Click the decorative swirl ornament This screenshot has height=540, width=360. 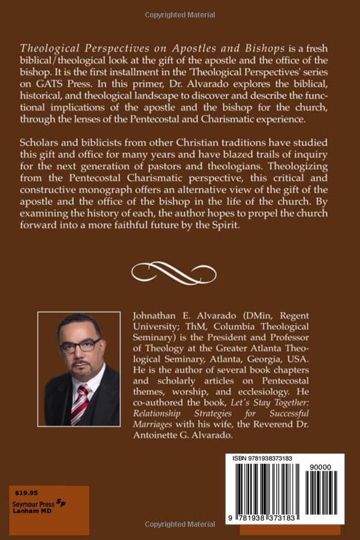(x=180, y=273)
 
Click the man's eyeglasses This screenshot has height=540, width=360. (x=79, y=346)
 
